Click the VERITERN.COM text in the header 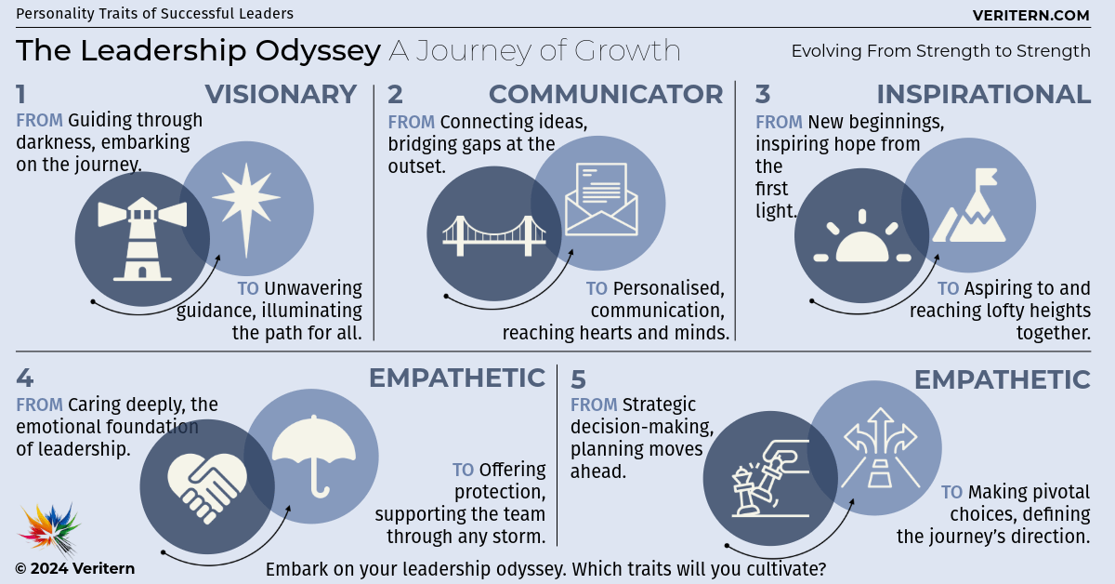click(1030, 16)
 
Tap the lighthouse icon click(142, 239)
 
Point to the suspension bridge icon click(494, 235)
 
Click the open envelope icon click(601, 199)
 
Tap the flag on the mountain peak click(986, 178)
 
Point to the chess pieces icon click(770, 478)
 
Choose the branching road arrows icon click(880, 448)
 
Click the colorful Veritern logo click(49, 529)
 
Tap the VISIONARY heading click(281, 94)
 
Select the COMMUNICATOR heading click(606, 94)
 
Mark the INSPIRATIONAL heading click(984, 94)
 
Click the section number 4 click(25, 378)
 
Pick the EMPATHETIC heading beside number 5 click(1003, 379)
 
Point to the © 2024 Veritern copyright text click(74, 568)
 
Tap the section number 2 click(395, 94)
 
